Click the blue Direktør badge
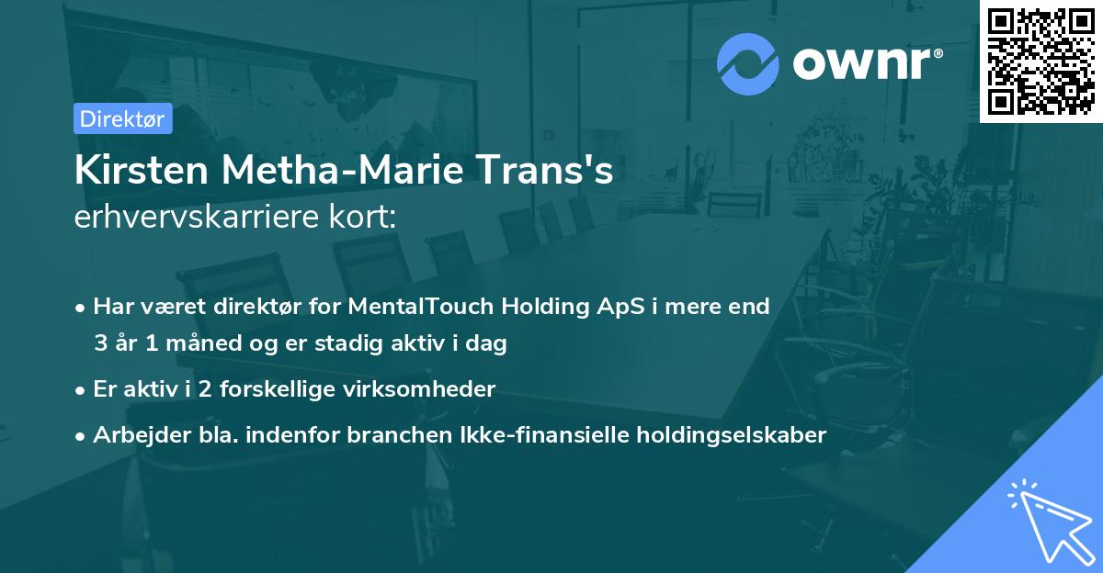click(x=122, y=118)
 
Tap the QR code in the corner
click(x=1041, y=61)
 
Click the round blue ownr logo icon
click(x=748, y=63)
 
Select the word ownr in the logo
click(x=862, y=63)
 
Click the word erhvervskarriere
click(x=198, y=218)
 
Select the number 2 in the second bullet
click(x=207, y=389)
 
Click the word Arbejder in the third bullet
click(x=134, y=435)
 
